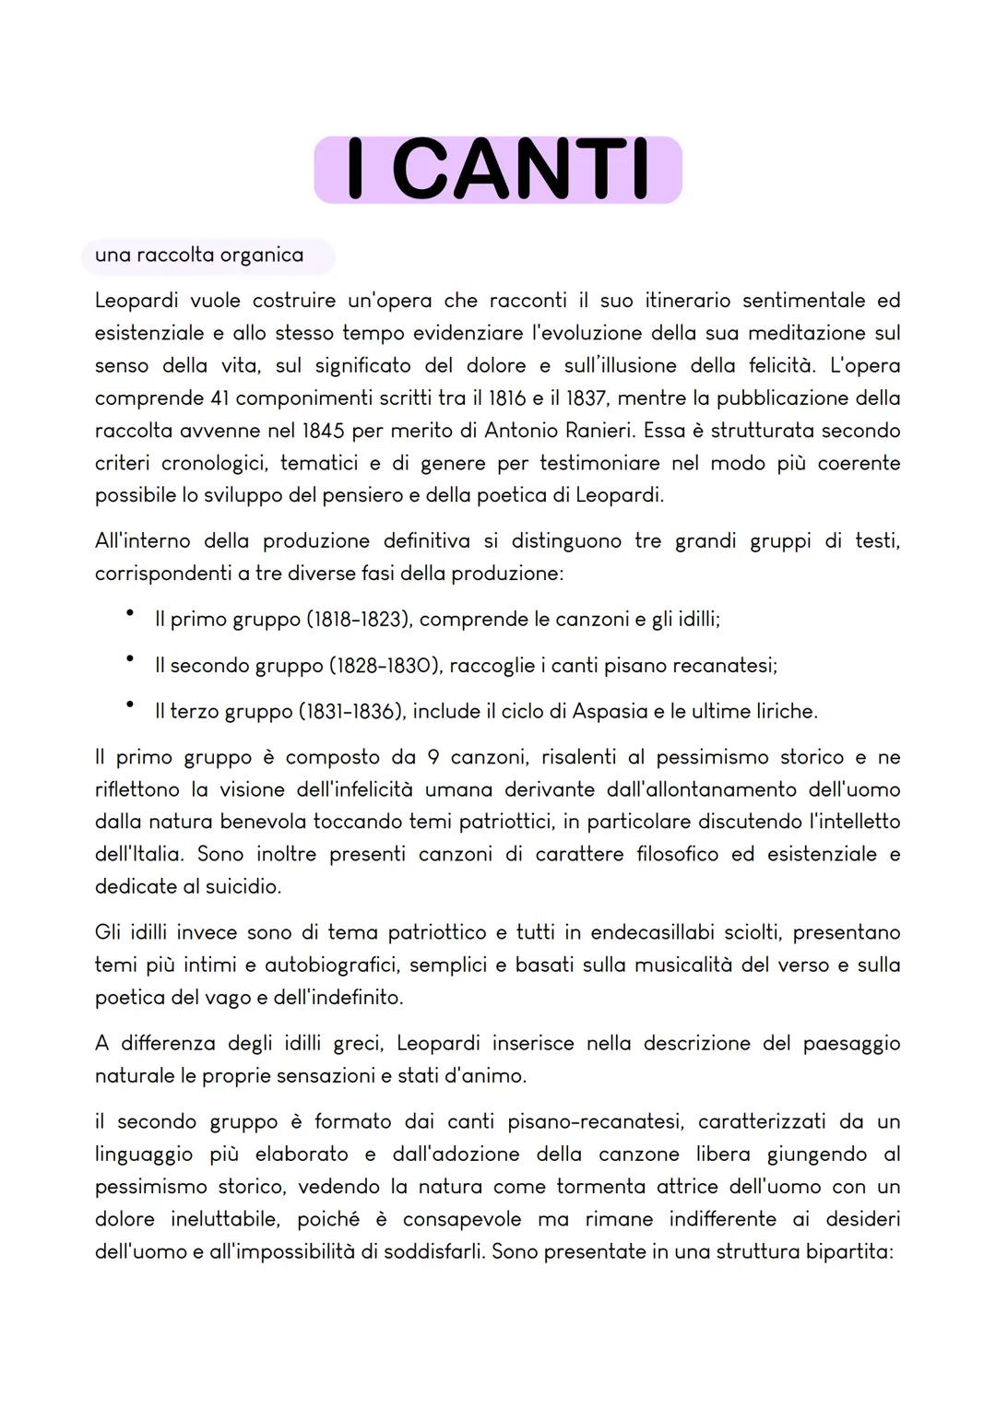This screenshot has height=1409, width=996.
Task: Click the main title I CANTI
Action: point(497,170)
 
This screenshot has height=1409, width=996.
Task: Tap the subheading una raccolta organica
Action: point(199,255)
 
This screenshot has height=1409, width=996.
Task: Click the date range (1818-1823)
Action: point(359,620)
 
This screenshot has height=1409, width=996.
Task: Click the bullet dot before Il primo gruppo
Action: point(131,613)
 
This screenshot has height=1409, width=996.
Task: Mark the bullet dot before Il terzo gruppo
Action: point(131,705)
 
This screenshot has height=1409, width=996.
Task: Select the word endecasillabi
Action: point(656,933)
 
